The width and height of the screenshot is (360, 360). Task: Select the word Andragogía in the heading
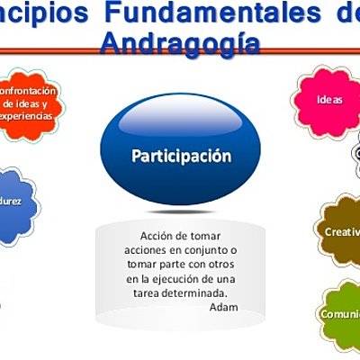click(180, 42)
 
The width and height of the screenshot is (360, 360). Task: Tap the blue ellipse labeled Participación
click(181, 155)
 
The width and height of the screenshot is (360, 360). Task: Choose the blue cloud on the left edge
click(13, 204)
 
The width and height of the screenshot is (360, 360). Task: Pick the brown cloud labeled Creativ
click(340, 231)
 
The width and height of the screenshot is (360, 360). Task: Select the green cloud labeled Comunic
click(339, 314)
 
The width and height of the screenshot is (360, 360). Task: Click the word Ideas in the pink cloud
click(329, 100)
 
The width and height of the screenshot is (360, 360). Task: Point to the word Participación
click(181, 156)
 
